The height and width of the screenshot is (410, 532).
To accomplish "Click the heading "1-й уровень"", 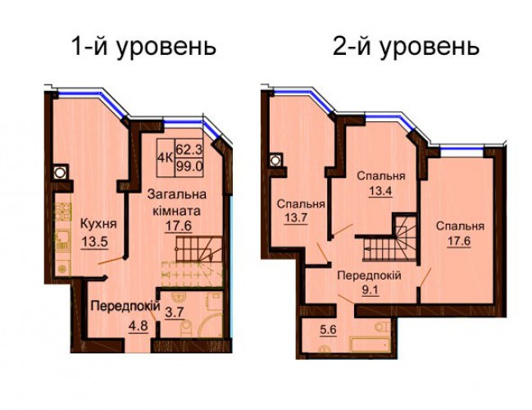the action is [143, 48].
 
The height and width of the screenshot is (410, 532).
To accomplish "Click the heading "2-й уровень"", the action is [406, 48].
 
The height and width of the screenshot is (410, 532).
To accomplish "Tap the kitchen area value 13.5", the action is [94, 243].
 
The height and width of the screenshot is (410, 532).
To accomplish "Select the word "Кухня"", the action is [98, 224].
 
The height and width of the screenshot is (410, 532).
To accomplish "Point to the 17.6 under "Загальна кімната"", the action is [179, 226].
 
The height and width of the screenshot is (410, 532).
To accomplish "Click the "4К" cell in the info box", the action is [166, 158].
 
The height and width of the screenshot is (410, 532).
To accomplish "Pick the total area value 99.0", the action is [189, 166].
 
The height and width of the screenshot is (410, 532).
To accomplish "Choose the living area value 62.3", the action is [189, 149].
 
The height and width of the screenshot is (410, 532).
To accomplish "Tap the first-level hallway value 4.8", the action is [138, 326].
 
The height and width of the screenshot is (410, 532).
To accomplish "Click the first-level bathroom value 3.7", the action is [175, 312].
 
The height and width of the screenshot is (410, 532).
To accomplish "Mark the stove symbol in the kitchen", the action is [63, 212].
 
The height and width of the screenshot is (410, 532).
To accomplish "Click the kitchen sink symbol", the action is [63, 240].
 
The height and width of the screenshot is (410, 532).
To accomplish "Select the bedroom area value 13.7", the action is [296, 218].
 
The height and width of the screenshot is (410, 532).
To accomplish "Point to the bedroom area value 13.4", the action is [380, 191].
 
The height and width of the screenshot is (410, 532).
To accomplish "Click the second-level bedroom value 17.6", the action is [459, 241].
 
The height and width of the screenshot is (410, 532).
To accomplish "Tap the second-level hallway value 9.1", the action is [370, 290].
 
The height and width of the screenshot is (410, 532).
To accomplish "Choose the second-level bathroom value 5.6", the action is [327, 330].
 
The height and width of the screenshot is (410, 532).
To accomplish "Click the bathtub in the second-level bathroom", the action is [371, 344].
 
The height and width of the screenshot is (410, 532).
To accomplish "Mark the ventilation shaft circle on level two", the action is [275, 160].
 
